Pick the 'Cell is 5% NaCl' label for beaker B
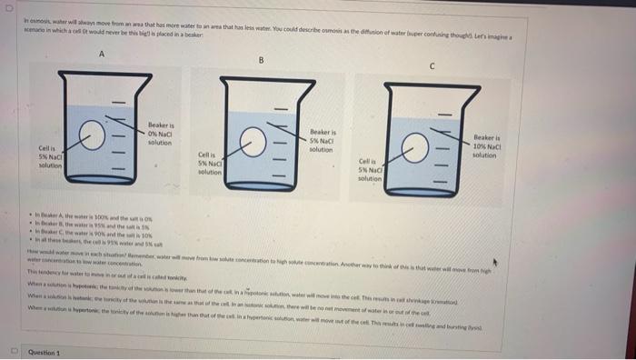(x=210, y=165)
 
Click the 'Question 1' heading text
(x=45, y=352)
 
